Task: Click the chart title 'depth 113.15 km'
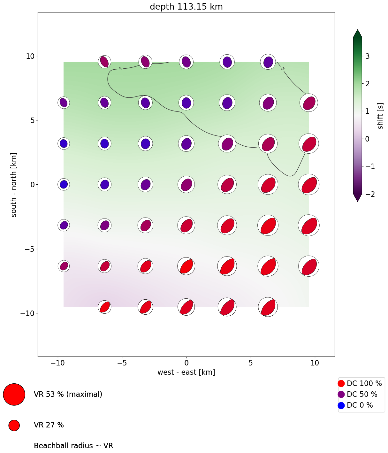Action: pos(186,7)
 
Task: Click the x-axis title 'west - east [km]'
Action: pos(186,372)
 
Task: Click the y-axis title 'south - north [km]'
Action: pos(14,184)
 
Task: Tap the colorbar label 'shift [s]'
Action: pos(380,116)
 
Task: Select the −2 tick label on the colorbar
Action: pos(367,194)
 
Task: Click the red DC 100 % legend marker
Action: pos(341,383)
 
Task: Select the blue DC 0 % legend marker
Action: pos(341,405)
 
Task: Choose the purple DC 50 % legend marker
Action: pos(341,394)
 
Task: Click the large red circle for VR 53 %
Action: pos(14,394)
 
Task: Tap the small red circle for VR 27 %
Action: pos(14,425)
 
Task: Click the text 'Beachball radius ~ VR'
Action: pos(73,446)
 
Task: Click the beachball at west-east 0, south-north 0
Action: pos(186,184)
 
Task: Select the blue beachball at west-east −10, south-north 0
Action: pos(64,184)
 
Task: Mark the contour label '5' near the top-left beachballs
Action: pos(120,69)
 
